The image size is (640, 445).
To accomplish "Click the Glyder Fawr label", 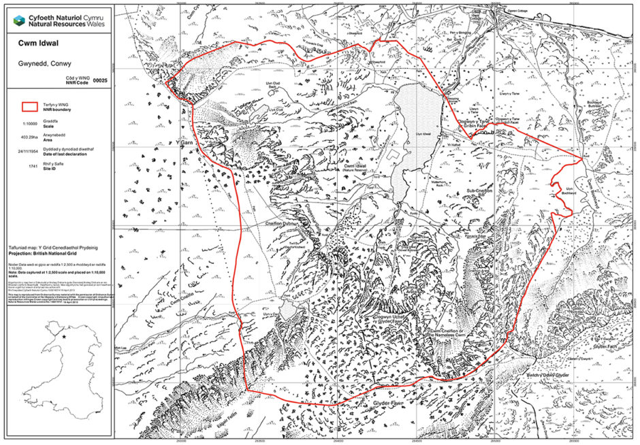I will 389,403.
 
